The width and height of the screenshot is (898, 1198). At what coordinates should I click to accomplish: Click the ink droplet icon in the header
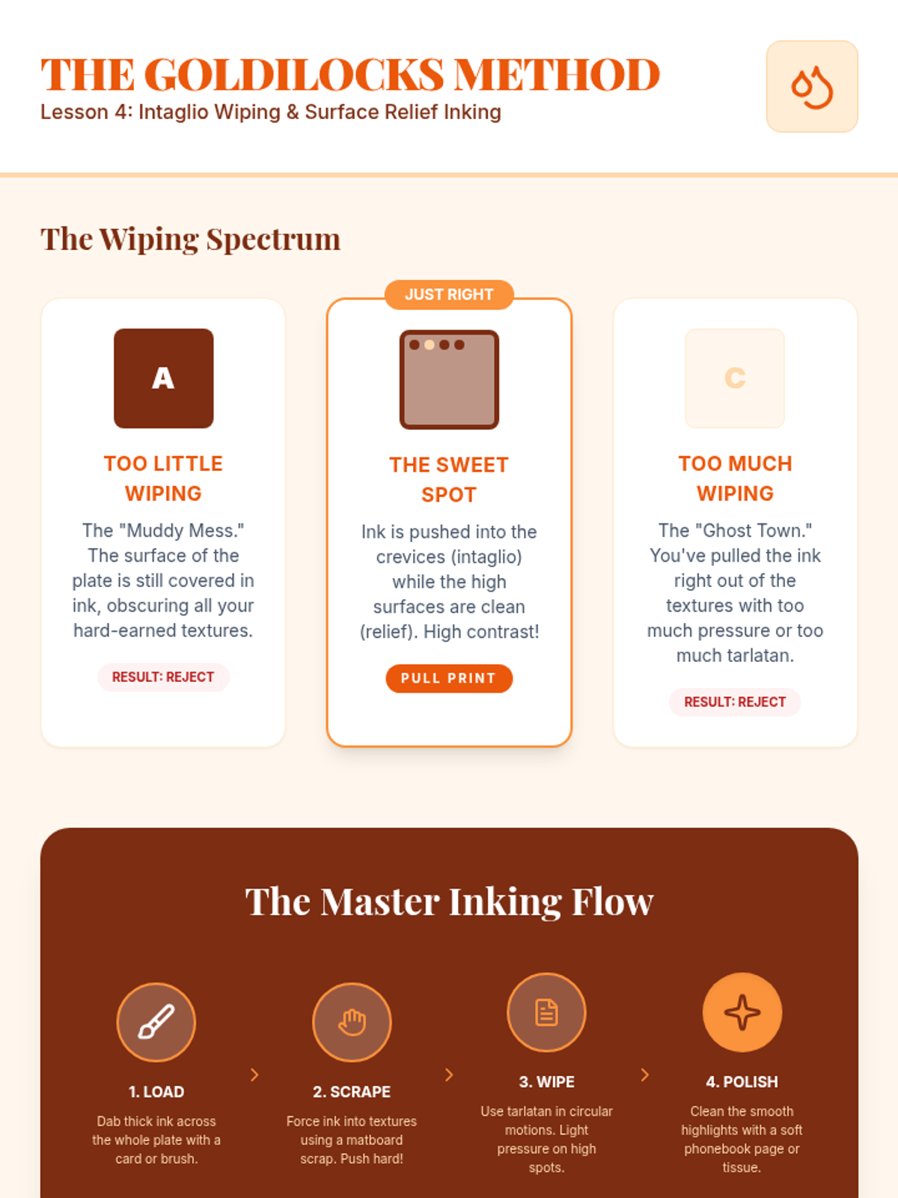(812, 87)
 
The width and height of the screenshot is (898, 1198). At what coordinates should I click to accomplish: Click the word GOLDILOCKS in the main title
(294, 74)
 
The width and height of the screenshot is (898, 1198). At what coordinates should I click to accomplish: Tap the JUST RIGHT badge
(449, 295)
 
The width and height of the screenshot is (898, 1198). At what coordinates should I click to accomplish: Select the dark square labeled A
(164, 378)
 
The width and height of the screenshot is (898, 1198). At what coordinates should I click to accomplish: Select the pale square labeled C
(734, 378)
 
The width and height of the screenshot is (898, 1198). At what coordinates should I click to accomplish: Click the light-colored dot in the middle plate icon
(430, 345)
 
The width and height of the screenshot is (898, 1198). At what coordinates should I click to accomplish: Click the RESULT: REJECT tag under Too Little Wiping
(163, 678)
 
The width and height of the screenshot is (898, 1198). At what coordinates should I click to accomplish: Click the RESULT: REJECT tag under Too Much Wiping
(734, 702)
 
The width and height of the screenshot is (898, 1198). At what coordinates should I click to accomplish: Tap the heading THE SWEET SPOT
(449, 480)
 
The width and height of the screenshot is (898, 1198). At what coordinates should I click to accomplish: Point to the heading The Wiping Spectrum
(190, 239)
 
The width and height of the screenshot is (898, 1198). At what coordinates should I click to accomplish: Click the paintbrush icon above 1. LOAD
(156, 1022)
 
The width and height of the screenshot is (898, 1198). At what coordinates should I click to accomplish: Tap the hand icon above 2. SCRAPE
(352, 1022)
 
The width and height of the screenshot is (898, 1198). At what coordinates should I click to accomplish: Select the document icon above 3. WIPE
(546, 1012)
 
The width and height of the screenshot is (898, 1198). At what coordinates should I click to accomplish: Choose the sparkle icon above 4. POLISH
(742, 1012)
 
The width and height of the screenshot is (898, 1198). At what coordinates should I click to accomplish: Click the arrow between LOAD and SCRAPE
(254, 1074)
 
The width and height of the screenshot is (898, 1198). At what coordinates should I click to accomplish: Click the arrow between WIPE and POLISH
(644, 1074)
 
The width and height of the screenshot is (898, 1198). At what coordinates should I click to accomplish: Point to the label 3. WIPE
(546, 1082)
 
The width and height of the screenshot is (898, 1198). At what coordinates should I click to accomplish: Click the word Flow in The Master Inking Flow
(612, 901)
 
